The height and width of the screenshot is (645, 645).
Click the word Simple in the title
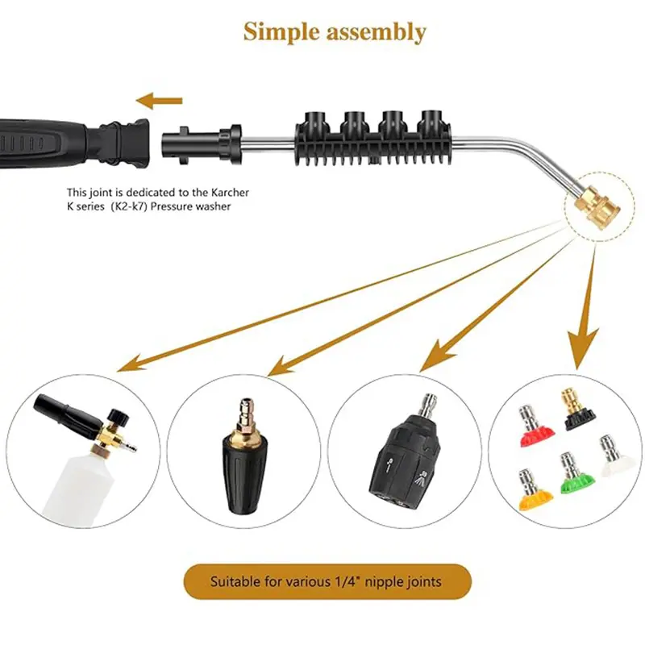(281, 32)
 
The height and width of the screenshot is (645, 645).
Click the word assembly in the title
(377, 32)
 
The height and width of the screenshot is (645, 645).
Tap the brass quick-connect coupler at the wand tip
(598, 206)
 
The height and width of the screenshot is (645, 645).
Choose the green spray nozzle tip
(576, 473)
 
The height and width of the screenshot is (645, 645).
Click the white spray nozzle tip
(613, 456)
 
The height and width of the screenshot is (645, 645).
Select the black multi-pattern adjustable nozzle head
(405, 452)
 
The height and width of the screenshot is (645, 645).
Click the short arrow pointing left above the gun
(159, 100)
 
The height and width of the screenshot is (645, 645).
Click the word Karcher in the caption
(230, 192)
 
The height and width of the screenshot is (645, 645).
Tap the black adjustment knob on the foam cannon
(119, 418)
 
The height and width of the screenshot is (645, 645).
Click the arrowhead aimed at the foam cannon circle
(132, 360)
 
